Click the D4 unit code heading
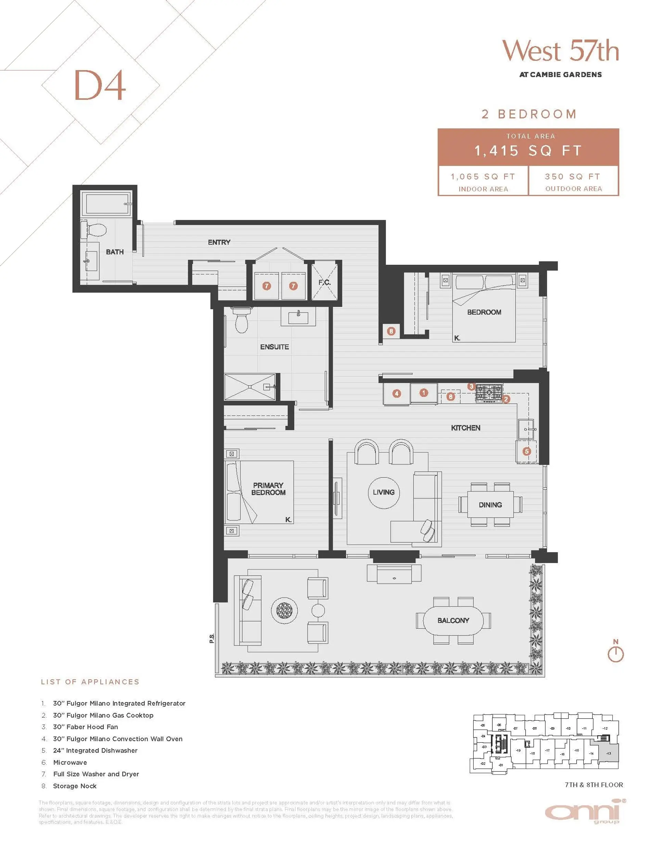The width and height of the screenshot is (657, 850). point(100,85)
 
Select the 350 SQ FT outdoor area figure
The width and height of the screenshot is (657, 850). point(573,177)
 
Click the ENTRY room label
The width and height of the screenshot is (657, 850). point(219,242)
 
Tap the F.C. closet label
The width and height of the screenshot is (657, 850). point(324,282)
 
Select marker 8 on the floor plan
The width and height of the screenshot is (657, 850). point(391,331)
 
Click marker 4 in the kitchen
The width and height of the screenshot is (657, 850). point(397,393)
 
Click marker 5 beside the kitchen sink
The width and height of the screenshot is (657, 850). point(527,452)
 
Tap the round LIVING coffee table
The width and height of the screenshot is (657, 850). point(384,492)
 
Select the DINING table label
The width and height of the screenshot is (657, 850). point(490,505)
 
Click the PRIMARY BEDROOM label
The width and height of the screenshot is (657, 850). point(268,489)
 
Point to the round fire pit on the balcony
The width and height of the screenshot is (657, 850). point(284,610)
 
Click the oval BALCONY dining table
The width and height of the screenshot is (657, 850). point(453,620)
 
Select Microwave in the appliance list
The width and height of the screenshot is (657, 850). point(70,762)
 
